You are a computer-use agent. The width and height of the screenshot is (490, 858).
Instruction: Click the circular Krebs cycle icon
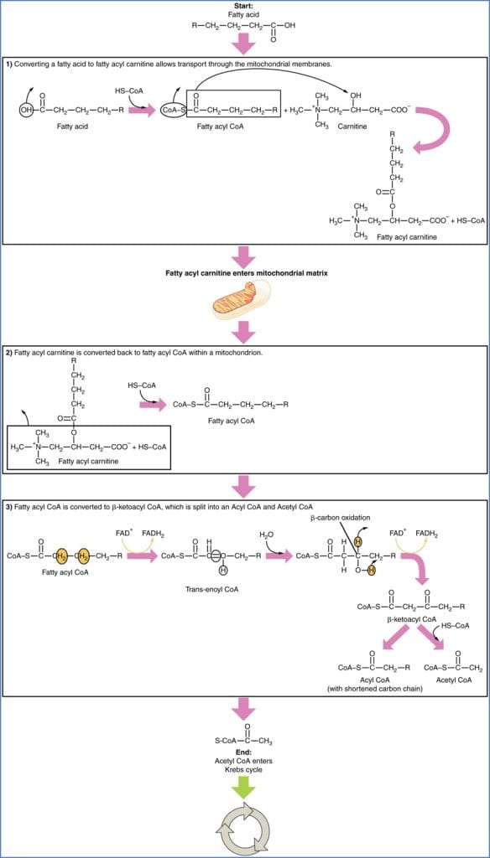tap(245, 829)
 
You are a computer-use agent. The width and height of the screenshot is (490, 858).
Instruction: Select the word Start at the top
tap(244, 6)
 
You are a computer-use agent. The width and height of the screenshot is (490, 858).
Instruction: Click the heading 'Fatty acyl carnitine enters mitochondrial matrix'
tap(245, 273)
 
